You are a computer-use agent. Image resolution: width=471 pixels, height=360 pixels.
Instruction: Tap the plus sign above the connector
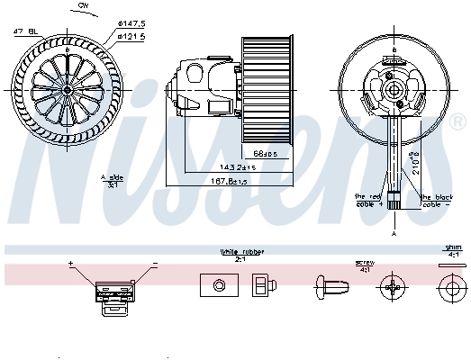click(x=70, y=263)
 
